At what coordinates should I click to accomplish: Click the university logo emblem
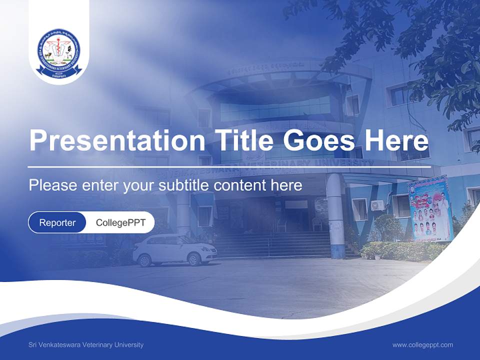click(x=59, y=51)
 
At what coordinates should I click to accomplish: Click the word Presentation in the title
click(x=116, y=140)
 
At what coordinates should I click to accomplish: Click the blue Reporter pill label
click(x=57, y=222)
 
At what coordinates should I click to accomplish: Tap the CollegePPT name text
click(x=120, y=222)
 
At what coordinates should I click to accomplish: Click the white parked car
click(x=174, y=249)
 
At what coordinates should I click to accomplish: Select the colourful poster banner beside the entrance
click(x=429, y=209)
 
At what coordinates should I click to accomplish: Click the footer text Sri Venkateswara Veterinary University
click(x=86, y=344)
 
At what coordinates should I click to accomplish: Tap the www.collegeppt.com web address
click(x=422, y=344)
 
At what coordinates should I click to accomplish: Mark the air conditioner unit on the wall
click(x=377, y=205)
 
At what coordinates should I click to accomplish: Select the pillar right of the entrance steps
click(x=336, y=215)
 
